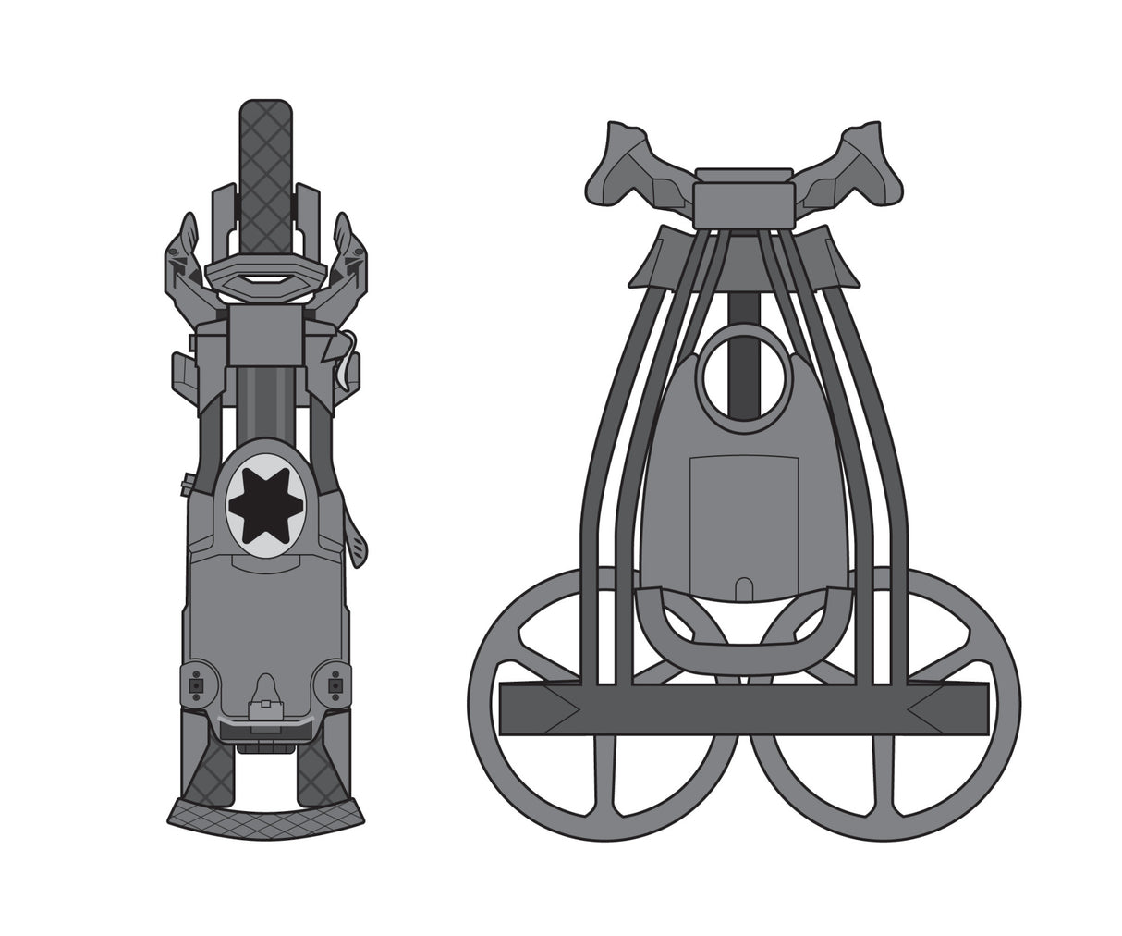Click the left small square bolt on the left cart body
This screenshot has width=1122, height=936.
[195, 684]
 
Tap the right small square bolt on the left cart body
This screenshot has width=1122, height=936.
[335, 684]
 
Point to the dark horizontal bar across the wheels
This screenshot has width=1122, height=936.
[743, 709]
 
